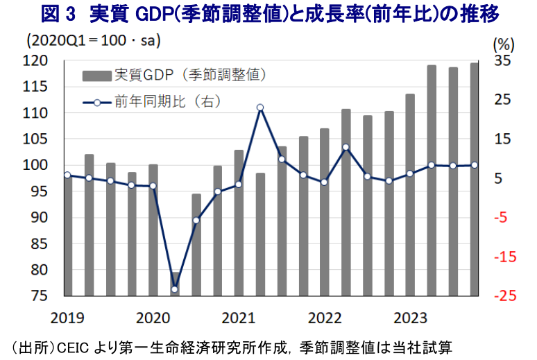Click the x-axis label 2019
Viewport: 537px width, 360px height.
(67, 318)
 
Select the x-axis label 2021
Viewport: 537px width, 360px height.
(238, 318)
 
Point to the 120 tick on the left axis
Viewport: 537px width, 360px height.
(37, 61)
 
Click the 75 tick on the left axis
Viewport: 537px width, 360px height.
(40, 296)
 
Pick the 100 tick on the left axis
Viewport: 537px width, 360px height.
(37, 166)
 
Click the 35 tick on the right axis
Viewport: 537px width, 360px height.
(502, 61)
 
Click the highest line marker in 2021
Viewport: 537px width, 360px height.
(260, 108)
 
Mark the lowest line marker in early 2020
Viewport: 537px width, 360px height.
(175, 289)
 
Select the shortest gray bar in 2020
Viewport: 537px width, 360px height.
(175, 284)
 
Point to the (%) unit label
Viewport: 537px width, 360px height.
(503, 44)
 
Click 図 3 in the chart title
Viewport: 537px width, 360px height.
(61, 13)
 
